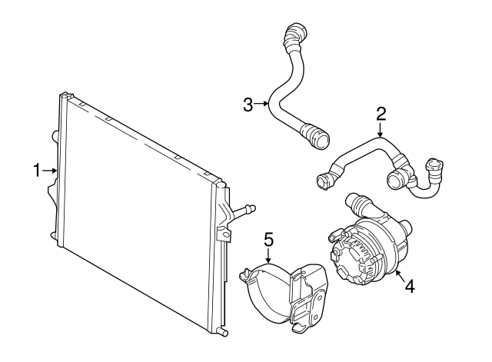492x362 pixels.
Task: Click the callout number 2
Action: pyautogui.click(x=381, y=115)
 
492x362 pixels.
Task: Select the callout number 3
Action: pyautogui.click(x=248, y=105)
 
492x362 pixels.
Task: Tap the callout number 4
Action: pyautogui.click(x=410, y=286)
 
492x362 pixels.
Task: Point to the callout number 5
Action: pyautogui.click(x=268, y=240)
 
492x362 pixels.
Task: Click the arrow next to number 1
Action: pyautogui.click(x=51, y=170)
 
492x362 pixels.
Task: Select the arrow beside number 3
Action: pyautogui.click(x=262, y=105)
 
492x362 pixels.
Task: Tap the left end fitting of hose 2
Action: pyautogui.click(x=322, y=181)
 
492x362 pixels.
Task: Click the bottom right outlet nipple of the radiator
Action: pyautogui.click(x=224, y=333)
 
